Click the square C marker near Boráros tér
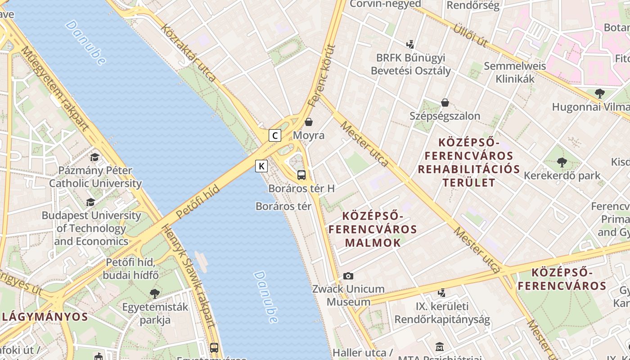(x=275, y=135)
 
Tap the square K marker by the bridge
(x=261, y=166)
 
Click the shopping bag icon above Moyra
(x=309, y=122)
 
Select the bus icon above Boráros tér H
(x=301, y=175)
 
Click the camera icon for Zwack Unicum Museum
(x=348, y=276)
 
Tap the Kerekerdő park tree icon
(x=562, y=162)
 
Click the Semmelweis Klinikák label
(x=515, y=72)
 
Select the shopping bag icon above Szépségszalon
(x=445, y=103)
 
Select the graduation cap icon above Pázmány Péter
(x=94, y=157)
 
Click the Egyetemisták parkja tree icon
(x=155, y=294)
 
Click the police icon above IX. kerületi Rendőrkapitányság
(x=441, y=293)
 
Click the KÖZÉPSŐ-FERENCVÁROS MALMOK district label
(x=372, y=229)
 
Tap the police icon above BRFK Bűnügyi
(x=410, y=45)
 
